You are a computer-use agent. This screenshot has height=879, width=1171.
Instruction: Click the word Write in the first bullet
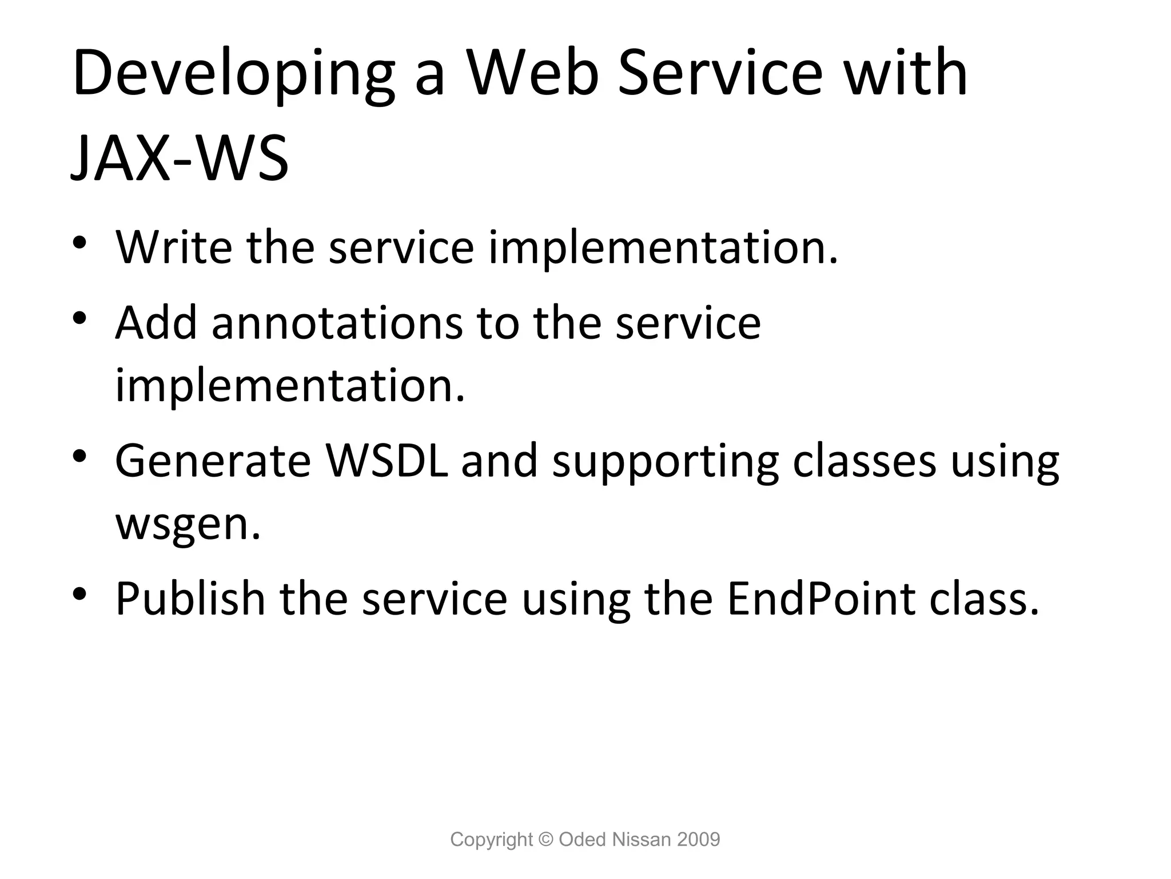[x=174, y=247]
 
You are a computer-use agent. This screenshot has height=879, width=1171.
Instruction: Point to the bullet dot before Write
[x=79, y=243]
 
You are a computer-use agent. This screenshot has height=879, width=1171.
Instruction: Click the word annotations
[x=337, y=323]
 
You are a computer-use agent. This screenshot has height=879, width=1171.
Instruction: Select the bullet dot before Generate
[x=79, y=456]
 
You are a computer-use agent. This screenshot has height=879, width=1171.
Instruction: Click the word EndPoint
[x=821, y=599]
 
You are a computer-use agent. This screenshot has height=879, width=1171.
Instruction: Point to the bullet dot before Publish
[x=79, y=594]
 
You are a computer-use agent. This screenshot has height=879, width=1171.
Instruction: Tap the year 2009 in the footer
[x=698, y=840]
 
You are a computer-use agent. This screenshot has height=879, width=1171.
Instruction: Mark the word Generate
[x=213, y=461]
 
